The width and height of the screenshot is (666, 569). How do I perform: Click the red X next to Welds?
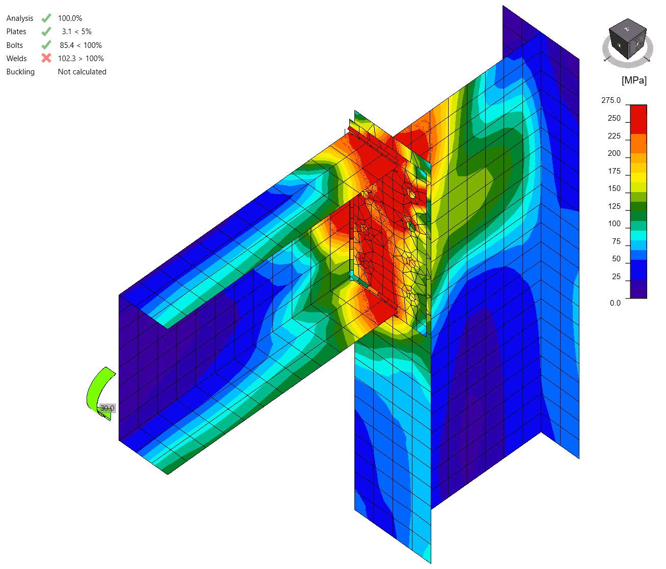(46, 58)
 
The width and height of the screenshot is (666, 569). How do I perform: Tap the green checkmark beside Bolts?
(46, 45)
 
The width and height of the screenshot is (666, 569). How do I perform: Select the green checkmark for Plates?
(46, 32)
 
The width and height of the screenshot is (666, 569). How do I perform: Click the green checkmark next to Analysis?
(46, 18)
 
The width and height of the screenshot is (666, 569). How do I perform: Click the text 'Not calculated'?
(82, 72)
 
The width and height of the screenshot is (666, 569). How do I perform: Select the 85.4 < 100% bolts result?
(80, 45)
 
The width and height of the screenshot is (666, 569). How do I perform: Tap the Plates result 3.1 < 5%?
(76, 32)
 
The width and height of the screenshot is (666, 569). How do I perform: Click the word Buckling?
(20, 72)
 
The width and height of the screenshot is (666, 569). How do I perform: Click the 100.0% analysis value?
(70, 18)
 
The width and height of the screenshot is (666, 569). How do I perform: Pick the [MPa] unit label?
(634, 80)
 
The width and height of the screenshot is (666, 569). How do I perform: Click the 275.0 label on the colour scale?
(610, 100)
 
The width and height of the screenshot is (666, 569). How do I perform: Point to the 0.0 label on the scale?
(615, 303)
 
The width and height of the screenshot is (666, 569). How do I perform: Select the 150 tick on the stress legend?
(614, 188)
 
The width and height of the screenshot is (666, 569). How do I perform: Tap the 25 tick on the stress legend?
(616, 277)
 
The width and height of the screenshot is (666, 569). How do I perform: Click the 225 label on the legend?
(614, 136)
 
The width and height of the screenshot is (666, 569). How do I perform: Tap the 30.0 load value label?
(107, 408)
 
